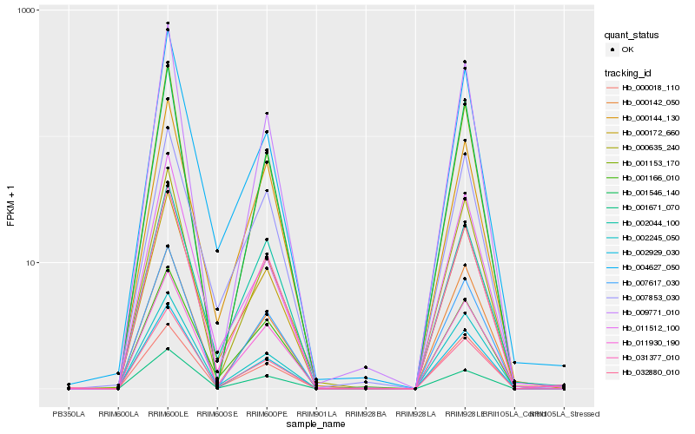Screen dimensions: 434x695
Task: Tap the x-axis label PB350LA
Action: point(69,414)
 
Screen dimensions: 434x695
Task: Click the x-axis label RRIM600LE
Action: point(168,414)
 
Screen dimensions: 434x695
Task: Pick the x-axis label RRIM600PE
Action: point(267,414)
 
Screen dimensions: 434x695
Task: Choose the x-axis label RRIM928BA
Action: point(366,414)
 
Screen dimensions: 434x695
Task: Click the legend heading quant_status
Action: point(634,36)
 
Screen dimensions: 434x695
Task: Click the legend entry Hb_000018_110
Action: point(651,88)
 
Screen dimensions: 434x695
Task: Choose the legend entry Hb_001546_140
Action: point(651,193)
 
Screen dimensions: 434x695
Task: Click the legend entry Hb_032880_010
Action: point(651,372)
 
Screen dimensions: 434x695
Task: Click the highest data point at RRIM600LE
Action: point(168,23)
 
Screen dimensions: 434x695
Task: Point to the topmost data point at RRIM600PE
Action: point(267,114)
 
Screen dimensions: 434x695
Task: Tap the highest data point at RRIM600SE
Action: point(217,251)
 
